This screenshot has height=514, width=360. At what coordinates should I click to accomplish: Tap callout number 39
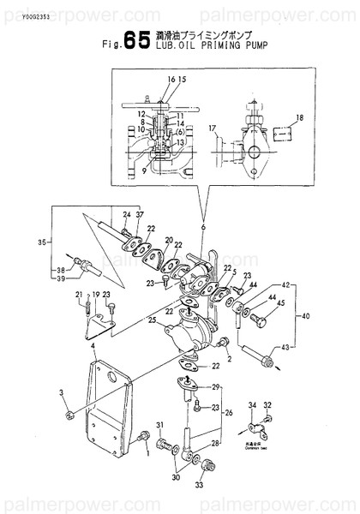pyautogui.click(x=60, y=279)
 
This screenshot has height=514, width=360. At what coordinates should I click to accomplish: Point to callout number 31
pyautogui.click(x=159, y=425)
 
